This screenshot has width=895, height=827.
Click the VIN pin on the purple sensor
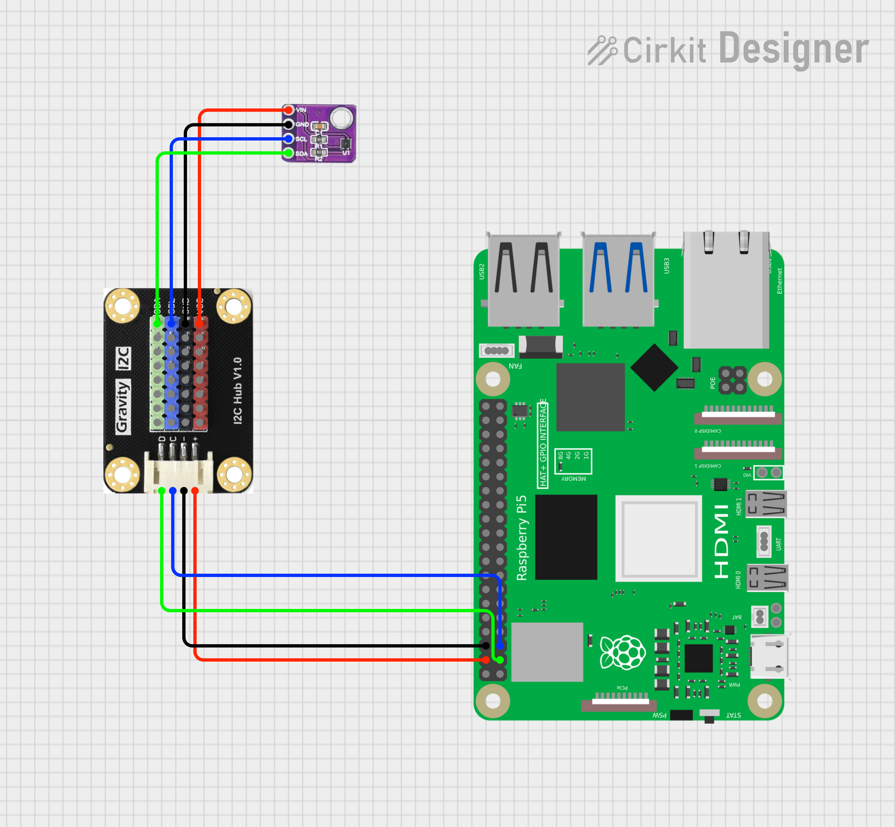coord(289,110)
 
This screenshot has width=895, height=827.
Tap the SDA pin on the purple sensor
coord(289,153)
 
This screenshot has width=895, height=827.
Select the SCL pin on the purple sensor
coord(289,139)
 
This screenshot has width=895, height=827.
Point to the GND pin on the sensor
coord(289,124)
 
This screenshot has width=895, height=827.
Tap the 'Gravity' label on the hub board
coord(123,406)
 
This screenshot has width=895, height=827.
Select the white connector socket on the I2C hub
coord(178,473)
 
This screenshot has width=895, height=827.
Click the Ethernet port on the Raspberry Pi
coord(726,291)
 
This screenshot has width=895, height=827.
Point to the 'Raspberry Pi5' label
coord(522,538)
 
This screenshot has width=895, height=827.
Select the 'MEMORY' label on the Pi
coord(573,479)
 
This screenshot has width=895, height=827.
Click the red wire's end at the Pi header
coord(486,660)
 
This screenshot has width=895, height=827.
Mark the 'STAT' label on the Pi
coord(733,715)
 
